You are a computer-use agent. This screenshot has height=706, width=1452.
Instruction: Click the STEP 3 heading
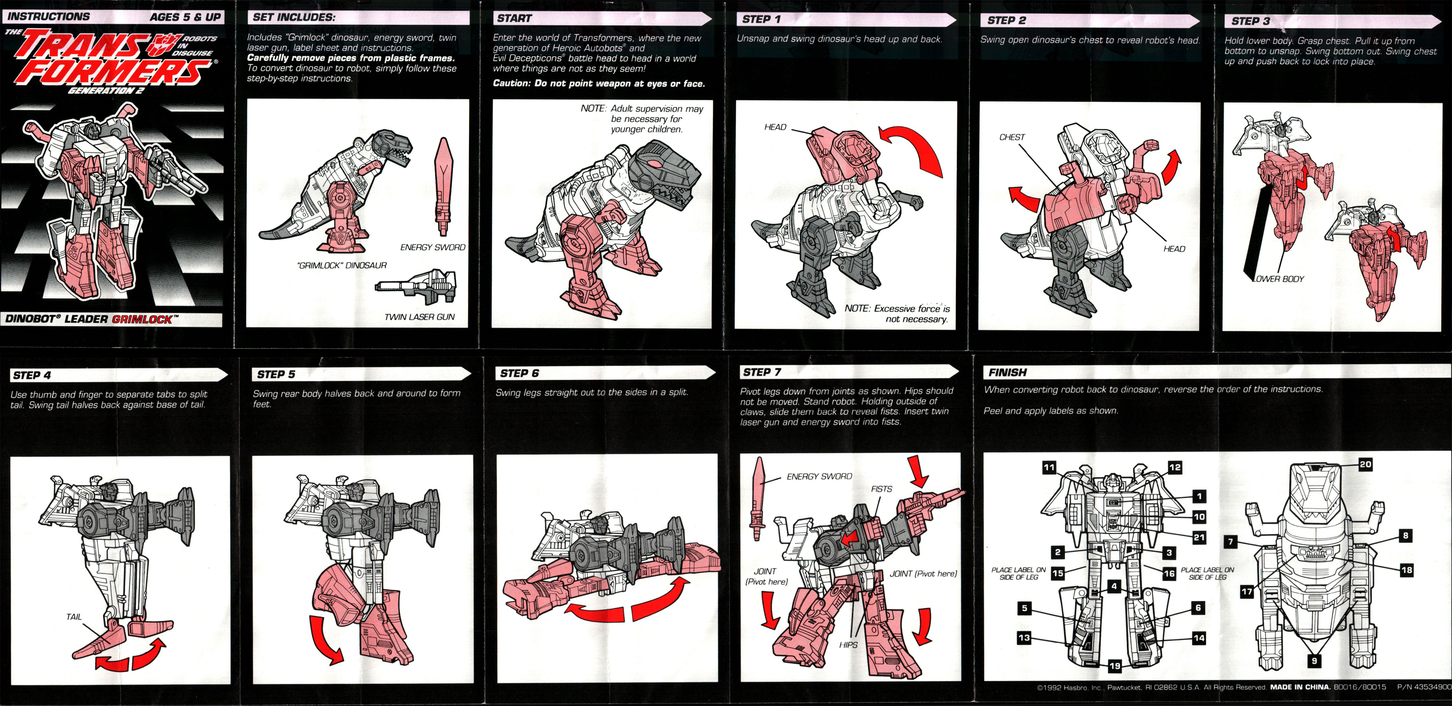tap(1250, 21)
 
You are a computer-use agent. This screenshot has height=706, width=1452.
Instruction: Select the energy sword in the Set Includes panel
tap(443, 186)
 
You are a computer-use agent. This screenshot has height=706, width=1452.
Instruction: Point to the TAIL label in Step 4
tap(74, 617)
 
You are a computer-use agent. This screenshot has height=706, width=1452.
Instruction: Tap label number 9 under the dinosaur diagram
tap(1314, 661)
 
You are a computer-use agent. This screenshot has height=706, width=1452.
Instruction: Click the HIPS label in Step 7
tap(848, 645)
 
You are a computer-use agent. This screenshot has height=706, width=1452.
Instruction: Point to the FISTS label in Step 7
tap(881, 489)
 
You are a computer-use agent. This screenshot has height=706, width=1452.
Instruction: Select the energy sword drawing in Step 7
tap(759, 500)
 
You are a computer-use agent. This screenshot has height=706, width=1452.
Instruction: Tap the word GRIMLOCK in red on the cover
tap(142, 319)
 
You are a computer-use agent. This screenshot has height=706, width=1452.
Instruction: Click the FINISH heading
tap(1007, 372)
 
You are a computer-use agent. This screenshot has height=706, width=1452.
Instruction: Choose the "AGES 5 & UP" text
tap(185, 17)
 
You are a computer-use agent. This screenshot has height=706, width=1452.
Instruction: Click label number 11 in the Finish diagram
tap(1048, 467)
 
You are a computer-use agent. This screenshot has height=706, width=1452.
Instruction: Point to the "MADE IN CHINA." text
tap(1301, 687)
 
